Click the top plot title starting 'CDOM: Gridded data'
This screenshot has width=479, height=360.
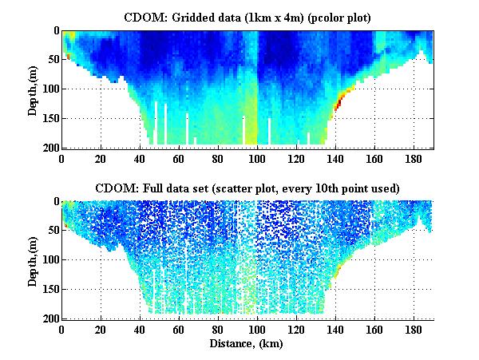click(x=247, y=17)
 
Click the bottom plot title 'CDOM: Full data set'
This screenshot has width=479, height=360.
click(x=247, y=188)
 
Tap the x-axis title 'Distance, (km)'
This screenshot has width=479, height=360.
click(x=247, y=344)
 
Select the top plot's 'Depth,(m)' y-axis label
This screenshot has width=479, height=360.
click(x=33, y=89)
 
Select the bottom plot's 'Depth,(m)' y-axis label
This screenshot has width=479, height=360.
click(x=33, y=259)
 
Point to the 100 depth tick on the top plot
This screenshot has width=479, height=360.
click(x=49, y=89)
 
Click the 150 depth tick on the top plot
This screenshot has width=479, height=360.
click(x=49, y=118)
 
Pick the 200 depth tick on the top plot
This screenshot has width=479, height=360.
click(x=49, y=148)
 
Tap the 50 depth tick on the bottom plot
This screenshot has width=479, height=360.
click(x=51, y=231)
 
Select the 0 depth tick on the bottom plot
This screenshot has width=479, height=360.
click(x=54, y=201)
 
